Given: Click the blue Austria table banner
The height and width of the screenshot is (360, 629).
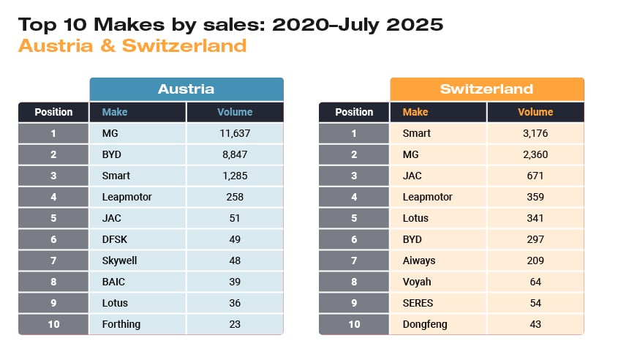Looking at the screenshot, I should pos(187,89).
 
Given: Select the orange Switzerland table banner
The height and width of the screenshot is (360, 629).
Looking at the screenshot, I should pos(486,89).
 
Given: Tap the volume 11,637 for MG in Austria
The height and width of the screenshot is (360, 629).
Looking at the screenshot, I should pos(235,133).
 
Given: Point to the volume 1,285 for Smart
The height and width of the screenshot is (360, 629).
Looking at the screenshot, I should pos(235,176).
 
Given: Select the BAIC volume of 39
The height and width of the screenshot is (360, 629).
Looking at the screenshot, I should pos(235,282).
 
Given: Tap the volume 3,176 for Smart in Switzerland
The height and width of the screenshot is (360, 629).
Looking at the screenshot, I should pos(535,133).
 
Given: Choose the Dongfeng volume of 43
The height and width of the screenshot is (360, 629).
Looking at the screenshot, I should pos(535,323).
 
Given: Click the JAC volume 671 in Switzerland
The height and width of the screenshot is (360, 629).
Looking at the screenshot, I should pos(535,176).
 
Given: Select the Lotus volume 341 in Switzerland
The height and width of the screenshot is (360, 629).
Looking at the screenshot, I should pos(535,218).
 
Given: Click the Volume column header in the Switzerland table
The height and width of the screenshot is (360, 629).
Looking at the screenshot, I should pos(535,112).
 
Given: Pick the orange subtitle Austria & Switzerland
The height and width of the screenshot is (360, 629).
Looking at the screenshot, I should pos(132,45).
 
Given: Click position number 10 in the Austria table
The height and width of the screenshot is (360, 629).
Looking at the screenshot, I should pos(53,323).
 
